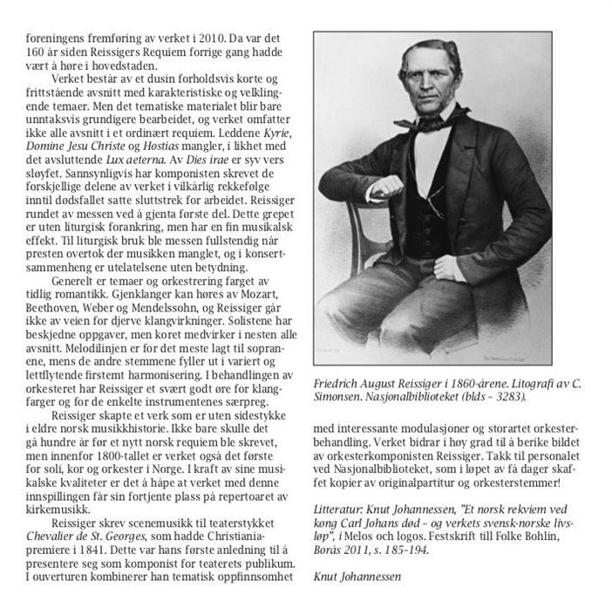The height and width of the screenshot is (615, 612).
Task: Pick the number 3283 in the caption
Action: tap(505, 395)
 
